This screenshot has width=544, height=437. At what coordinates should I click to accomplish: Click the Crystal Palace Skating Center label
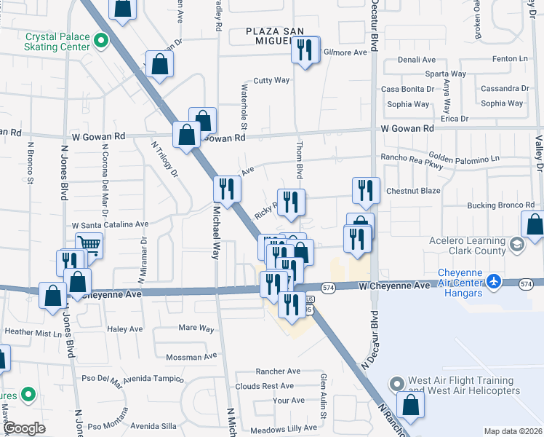click(57, 41)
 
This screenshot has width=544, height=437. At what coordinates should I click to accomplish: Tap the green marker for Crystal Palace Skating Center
click(102, 40)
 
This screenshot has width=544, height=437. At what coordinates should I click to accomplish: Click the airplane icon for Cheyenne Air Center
click(495, 280)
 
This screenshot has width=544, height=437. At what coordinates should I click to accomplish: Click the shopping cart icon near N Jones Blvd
click(89, 245)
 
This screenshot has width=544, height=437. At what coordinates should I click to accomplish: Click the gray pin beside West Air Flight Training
click(396, 383)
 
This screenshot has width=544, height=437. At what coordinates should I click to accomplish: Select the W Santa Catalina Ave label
click(110, 225)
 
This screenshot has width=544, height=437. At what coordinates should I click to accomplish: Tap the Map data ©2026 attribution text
click(512, 431)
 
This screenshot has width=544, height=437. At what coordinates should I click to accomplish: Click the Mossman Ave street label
click(191, 357)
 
